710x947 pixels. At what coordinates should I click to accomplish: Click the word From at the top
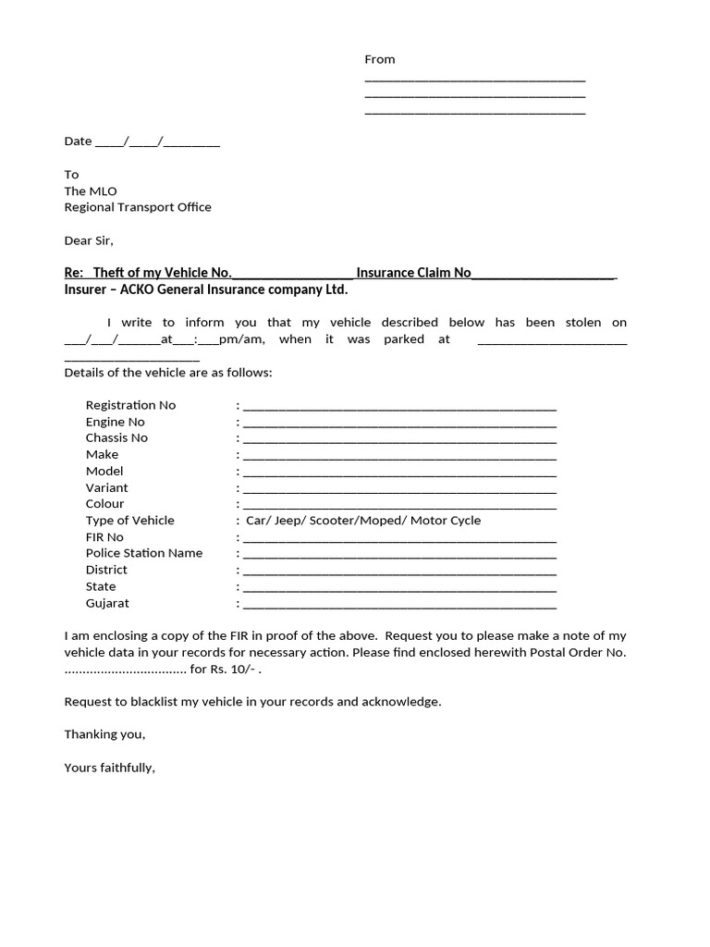click(x=379, y=59)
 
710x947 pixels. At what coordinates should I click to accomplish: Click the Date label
click(x=78, y=141)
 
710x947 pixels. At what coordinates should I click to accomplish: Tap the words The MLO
click(x=91, y=191)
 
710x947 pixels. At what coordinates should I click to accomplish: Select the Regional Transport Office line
click(x=137, y=207)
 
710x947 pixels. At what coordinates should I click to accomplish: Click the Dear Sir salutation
click(x=88, y=240)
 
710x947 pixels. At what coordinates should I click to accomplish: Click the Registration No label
click(x=130, y=405)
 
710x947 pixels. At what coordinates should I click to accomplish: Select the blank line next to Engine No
click(x=399, y=423)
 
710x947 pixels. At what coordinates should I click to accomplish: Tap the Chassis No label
click(x=116, y=437)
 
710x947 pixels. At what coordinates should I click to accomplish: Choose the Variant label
click(x=106, y=487)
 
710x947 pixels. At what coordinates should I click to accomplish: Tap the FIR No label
click(x=104, y=537)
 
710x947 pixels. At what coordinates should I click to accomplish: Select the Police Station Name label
click(x=143, y=553)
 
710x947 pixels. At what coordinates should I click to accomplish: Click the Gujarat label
click(x=107, y=603)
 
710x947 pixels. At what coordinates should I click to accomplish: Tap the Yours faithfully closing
click(x=109, y=768)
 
